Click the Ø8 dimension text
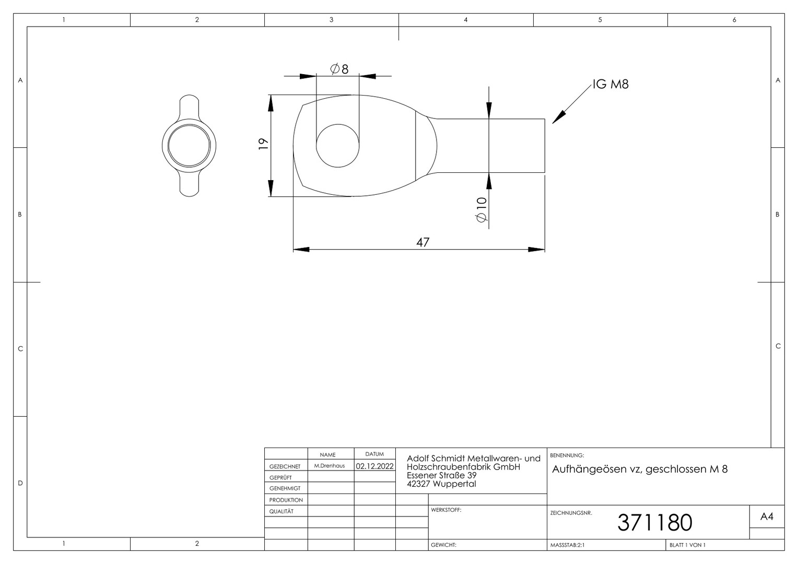point(339,69)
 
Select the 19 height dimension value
point(263,144)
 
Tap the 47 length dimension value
point(423,242)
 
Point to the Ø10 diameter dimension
point(482,209)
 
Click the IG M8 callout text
point(611,84)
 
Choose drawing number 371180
point(655,522)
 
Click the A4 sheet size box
point(767,516)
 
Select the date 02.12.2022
point(375,466)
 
